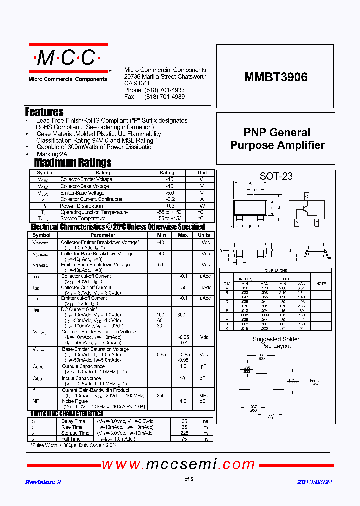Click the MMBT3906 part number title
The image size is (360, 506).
(x=276, y=77)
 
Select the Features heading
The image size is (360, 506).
(x=44, y=112)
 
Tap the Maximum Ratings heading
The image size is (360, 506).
(x=73, y=163)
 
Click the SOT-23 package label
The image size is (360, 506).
(x=276, y=176)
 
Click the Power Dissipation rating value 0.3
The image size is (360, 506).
(x=171, y=206)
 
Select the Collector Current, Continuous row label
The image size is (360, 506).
(x=91, y=199)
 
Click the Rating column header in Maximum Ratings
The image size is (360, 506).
(x=167, y=173)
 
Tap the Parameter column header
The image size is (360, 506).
(x=103, y=235)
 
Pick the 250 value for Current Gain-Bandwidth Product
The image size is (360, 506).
(x=161, y=396)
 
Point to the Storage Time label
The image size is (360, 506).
(x=76, y=433)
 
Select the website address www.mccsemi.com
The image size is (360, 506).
(x=178, y=465)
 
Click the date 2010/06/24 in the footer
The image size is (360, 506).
(x=314, y=482)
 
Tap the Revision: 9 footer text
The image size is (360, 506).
(x=43, y=482)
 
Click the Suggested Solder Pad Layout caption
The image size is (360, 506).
(x=276, y=342)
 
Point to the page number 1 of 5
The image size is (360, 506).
(x=186, y=480)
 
